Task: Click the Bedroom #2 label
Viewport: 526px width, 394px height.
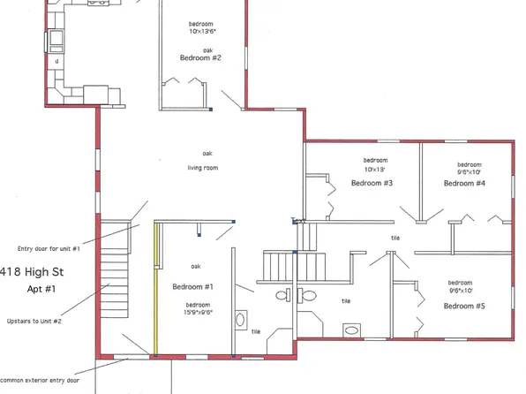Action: tap(199, 57)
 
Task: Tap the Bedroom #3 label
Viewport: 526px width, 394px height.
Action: tap(372, 183)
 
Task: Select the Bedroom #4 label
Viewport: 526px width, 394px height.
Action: tap(464, 183)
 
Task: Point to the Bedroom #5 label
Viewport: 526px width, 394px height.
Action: tap(464, 306)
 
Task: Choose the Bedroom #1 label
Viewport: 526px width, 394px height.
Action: tap(194, 287)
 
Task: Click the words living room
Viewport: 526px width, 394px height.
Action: tap(202, 168)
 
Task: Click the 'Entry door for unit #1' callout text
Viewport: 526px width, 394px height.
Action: tap(49, 248)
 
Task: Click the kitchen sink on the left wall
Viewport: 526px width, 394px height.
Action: tap(56, 40)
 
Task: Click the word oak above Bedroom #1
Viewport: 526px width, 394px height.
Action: tap(196, 266)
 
